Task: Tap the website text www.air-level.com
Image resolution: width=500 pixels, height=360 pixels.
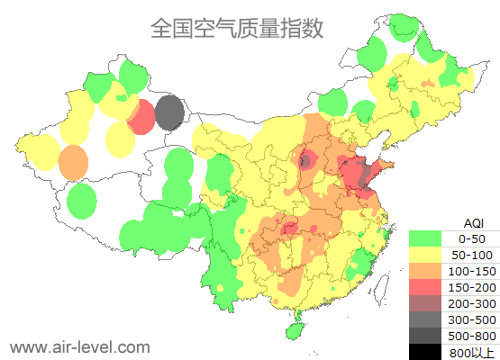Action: pyautogui.click(x=79, y=346)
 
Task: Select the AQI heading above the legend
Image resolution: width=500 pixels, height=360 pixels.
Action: pyautogui.click(x=472, y=222)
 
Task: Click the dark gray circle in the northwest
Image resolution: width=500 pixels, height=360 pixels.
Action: pyautogui.click(x=169, y=113)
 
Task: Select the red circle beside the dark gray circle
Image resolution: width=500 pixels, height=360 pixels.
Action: pyautogui.click(x=141, y=118)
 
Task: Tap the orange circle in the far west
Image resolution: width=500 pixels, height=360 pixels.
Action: pyautogui.click(x=73, y=163)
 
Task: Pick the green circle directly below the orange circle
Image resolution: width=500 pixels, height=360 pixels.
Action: pyautogui.click(x=82, y=200)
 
